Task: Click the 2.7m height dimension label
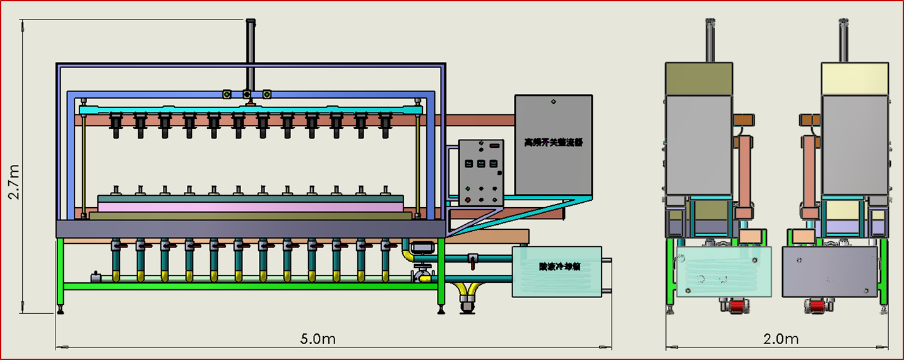point(14,182)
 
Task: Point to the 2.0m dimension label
point(781,339)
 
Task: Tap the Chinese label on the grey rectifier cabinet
point(553,143)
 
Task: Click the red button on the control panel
point(467,200)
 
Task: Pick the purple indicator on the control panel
point(494,147)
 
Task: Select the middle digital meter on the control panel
point(481,164)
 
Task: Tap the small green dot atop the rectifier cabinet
point(554,100)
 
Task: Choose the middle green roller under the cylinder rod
point(247,95)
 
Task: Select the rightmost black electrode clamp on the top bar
point(384,124)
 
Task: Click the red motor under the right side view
point(816,307)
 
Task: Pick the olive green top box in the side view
point(699,79)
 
